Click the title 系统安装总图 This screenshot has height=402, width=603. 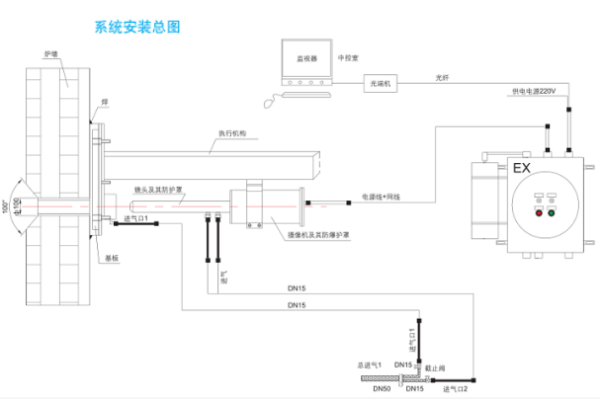click(x=136, y=28)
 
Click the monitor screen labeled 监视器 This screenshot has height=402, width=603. click(x=306, y=59)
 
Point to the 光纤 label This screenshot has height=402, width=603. click(x=441, y=74)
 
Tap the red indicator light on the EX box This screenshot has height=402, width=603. click(x=538, y=211)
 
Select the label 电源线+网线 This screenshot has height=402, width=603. click(x=379, y=197)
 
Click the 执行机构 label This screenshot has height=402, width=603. click(x=233, y=131)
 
